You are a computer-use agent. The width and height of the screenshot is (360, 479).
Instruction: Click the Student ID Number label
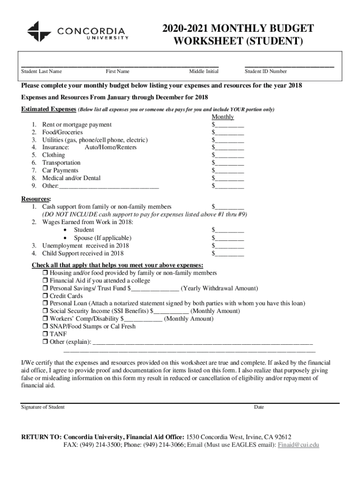click(x=266, y=72)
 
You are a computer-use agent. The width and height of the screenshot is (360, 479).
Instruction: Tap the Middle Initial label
click(x=203, y=72)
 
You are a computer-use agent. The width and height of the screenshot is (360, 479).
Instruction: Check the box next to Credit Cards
click(x=46, y=296)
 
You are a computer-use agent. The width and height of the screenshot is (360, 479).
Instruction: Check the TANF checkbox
click(x=46, y=334)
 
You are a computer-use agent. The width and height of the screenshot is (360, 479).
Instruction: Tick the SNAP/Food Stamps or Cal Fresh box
click(x=46, y=327)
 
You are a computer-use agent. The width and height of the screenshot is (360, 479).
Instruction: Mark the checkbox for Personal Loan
click(x=46, y=304)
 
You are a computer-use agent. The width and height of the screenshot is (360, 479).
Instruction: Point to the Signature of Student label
click(x=43, y=407)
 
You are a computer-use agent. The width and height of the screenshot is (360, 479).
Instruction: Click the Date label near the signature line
click(x=259, y=407)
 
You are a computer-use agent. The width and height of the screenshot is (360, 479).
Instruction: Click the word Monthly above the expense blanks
click(x=223, y=117)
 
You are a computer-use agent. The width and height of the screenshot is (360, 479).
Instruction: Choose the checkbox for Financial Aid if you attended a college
click(x=46, y=281)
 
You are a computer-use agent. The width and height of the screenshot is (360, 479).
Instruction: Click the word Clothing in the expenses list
click(x=54, y=155)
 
